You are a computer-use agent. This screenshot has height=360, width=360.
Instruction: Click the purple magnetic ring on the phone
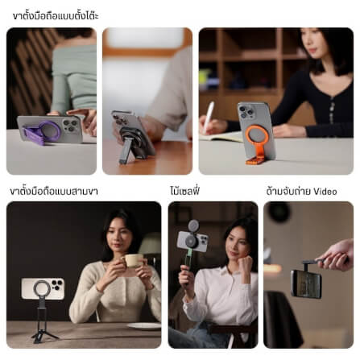pos(50,123)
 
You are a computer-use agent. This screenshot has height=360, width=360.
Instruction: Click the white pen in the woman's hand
pos(209,118)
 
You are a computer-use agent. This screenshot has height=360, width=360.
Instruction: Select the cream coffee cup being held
pos(133,260)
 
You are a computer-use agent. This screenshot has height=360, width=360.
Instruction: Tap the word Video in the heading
pos(325,192)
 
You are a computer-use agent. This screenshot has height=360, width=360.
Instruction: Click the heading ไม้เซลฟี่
pos(184,191)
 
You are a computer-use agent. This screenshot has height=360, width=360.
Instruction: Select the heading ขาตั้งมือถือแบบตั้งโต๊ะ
pos(56,16)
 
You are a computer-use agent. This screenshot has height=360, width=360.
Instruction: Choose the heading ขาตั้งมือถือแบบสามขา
pos(54,192)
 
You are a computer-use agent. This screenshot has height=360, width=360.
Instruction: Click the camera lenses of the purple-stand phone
pos(70,126)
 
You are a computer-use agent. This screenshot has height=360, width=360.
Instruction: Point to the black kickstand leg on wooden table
pos(126,151)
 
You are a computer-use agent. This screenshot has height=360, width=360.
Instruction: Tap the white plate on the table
pos(144,326)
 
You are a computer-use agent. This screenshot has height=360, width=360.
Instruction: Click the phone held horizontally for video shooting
pos(306,284)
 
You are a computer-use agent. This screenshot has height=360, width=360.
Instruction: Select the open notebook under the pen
pos(221,137)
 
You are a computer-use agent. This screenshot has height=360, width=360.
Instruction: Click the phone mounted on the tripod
pos(43,289)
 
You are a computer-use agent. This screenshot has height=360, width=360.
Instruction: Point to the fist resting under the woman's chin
pos(245,262)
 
